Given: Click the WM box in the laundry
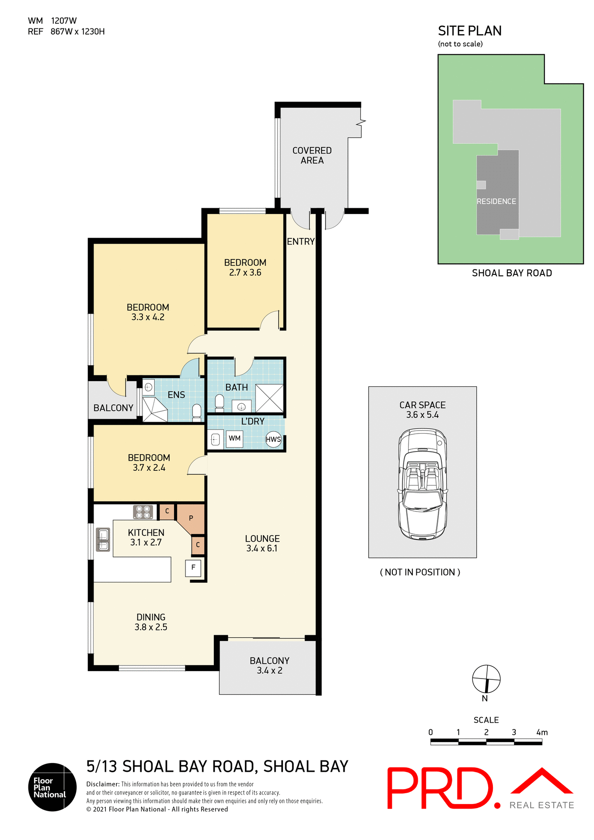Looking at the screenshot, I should pyautogui.click(x=234, y=438).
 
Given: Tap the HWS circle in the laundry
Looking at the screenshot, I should pyautogui.click(x=273, y=439).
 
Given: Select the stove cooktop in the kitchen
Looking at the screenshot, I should pyautogui.click(x=143, y=512).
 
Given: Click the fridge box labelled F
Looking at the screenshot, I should pyautogui.click(x=193, y=567).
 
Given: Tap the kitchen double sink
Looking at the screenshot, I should pyautogui.click(x=103, y=540).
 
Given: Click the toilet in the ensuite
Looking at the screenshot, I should pyautogui.click(x=197, y=411).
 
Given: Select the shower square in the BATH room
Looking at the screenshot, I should pyautogui.click(x=269, y=398).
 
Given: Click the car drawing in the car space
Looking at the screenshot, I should pyautogui.click(x=423, y=484).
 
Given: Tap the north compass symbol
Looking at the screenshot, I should pyautogui.click(x=486, y=679).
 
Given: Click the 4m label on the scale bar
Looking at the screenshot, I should pyautogui.click(x=542, y=732).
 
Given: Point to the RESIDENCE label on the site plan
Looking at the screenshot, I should pyautogui.click(x=496, y=201).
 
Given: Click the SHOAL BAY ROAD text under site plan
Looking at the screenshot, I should pyautogui.click(x=512, y=273).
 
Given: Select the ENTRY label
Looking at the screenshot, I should pyautogui.click(x=300, y=241).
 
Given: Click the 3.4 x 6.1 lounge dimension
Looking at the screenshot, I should pyautogui.click(x=262, y=549).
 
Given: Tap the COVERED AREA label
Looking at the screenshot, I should pyautogui.click(x=312, y=155).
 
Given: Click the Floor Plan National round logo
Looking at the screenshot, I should pyautogui.click(x=52, y=787).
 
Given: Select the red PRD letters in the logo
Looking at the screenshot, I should pyautogui.click(x=440, y=787).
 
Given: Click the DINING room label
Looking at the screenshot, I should pyautogui.click(x=151, y=617).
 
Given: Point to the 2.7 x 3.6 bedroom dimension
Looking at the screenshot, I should pyautogui.click(x=245, y=273).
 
